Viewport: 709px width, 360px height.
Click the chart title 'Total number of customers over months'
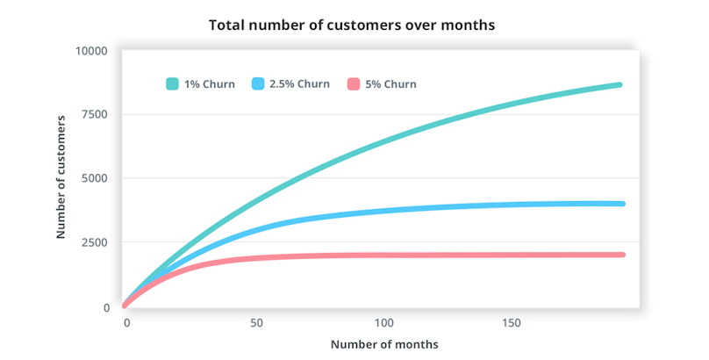(352, 25)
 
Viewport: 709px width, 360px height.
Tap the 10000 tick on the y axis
(89, 51)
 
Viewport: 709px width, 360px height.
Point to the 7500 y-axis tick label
(92, 115)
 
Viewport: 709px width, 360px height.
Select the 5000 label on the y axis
(92, 179)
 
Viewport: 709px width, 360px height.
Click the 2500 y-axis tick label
(92, 243)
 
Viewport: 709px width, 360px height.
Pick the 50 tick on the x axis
(257, 323)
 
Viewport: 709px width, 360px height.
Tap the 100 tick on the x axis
(383, 323)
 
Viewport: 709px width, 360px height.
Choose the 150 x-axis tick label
(511, 323)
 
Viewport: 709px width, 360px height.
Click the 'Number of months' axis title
(384, 344)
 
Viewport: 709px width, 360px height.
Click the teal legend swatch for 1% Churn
(173, 84)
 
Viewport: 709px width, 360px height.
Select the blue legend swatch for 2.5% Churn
(258, 84)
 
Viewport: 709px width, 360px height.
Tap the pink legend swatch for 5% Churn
(354, 84)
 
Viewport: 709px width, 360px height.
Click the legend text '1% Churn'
(210, 84)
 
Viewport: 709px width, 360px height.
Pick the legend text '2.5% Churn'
(299, 84)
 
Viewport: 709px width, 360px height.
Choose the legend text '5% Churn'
(390, 84)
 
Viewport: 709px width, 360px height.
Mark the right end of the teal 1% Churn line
(619, 85)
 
